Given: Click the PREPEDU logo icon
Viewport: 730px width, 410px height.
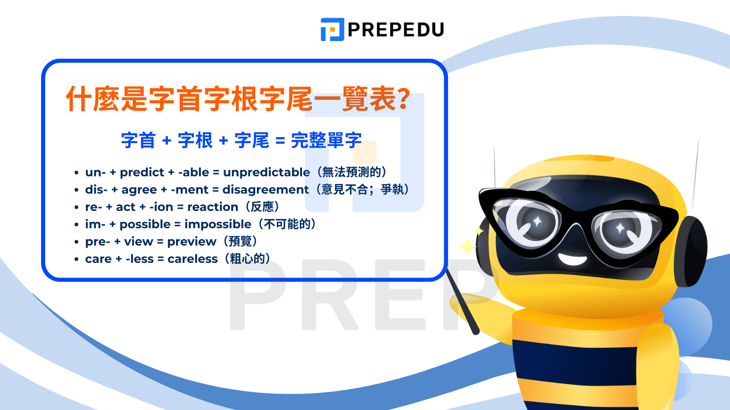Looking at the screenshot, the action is [333, 29].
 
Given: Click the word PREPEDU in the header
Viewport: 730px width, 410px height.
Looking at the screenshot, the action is [396, 30].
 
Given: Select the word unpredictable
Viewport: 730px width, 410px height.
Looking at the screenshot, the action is [266, 173].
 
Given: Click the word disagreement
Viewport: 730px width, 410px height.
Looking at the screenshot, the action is [265, 190].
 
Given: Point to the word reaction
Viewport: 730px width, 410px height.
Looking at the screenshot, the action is [213, 207].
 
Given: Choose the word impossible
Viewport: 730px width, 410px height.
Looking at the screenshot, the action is [218, 225].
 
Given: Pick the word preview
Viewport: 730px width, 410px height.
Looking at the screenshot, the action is [192, 242].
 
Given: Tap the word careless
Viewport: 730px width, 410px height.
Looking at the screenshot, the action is [192, 259].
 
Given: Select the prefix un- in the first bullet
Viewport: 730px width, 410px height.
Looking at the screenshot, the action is [95, 173].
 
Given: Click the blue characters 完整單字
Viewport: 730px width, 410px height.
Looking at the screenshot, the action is [326, 140].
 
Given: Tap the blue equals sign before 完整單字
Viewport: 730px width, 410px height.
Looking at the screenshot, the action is [280, 141].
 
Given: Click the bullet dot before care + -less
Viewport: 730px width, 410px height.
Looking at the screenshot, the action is [76, 259].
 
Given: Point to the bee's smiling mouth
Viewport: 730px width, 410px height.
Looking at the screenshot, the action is [572, 259].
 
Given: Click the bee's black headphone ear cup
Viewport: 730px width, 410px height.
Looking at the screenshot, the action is [692, 251].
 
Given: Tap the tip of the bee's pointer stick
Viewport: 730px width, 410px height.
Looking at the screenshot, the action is [447, 271].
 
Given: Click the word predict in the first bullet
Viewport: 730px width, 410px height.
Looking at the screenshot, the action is [142, 173].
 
